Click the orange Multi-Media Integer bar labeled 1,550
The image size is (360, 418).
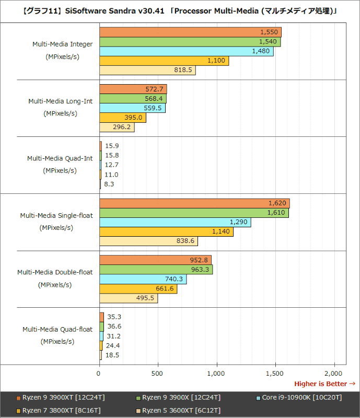coord(190,32)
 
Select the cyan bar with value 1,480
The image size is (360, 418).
coord(186,51)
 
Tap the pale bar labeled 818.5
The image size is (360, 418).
coord(147,70)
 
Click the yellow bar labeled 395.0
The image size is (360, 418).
coord(122,118)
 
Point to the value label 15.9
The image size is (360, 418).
coord(112,146)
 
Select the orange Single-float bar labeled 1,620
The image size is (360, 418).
coord(194,203)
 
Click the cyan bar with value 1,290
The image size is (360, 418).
coord(175,222)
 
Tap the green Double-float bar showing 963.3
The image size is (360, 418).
coord(156,270)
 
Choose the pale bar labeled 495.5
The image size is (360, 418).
coord(128,298)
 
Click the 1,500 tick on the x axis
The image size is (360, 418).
coord(274,373)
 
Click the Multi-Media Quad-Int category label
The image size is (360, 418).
coord(60,158)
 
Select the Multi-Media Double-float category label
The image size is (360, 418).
coord(55,272)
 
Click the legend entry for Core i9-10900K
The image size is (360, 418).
coord(301,398)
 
